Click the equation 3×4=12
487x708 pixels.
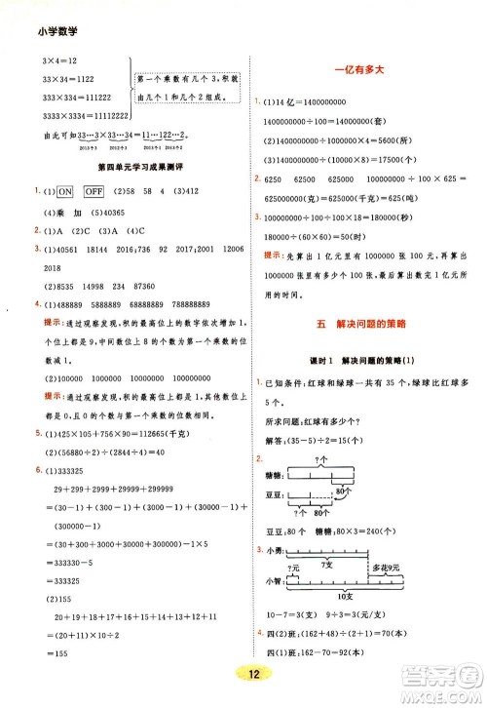pos(47,61)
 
